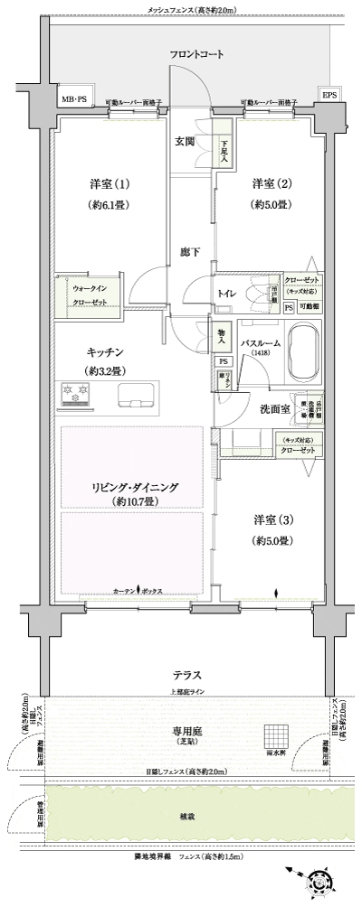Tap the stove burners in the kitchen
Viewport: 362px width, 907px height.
click(74, 393)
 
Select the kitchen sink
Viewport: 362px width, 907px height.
click(137, 392)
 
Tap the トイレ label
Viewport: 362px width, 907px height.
click(227, 293)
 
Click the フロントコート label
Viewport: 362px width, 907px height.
click(195, 55)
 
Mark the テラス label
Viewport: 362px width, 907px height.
click(187, 675)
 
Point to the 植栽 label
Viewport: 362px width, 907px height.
click(187, 815)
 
